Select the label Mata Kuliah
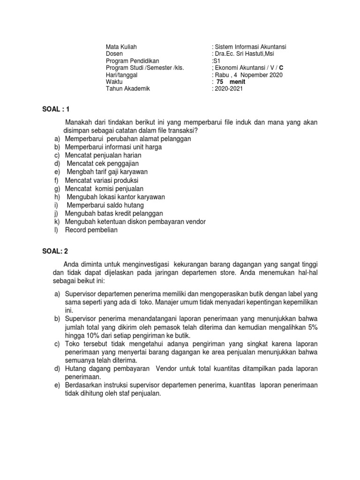pyautogui.click(x=121, y=47)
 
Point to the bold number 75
pyautogui.click(x=222, y=82)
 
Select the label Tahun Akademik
pyautogui.click(x=128, y=89)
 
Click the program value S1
pyautogui.click(x=216, y=61)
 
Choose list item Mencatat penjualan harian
pyautogui.click(x=100, y=155)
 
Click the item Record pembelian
pyautogui.click(x=91, y=230)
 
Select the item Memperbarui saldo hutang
pyautogui.click(x=105, y=205)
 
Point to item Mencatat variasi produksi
pyautogui.click(x=102, y=180)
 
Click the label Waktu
pyautogui.click(x=114, y=82)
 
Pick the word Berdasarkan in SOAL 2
pyautogui.click(x=82, y=385)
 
